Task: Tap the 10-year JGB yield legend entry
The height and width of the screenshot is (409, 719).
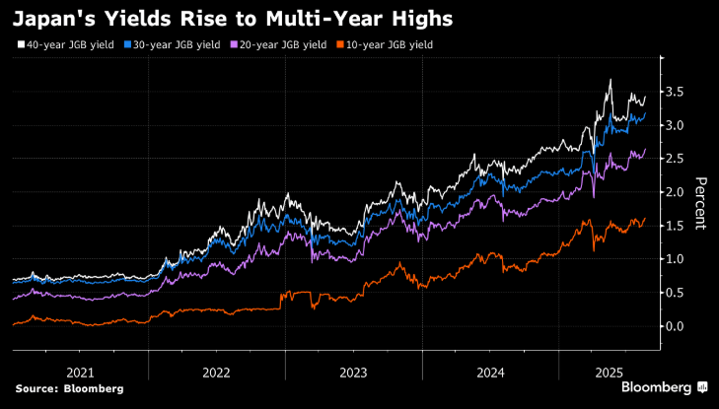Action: pos(390,44)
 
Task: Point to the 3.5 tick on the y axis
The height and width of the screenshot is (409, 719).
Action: pos(675,92)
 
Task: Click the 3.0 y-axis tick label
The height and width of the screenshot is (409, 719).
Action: pos(675,125)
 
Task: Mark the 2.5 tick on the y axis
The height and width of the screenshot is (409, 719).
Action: pos(675,159)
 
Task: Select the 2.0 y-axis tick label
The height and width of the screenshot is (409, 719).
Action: pos(675,192)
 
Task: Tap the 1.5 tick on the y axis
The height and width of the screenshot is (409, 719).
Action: pos(675,226)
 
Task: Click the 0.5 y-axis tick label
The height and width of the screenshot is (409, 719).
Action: pos(675,293)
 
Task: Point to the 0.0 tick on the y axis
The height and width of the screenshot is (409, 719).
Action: pos(675,326)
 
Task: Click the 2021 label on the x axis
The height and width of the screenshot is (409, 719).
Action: pos(80,372)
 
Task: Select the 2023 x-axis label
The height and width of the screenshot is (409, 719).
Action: pos(353,372)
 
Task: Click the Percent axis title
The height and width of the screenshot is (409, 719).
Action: pos(701,203)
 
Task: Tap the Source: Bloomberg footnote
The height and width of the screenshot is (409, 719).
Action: pos(69,389)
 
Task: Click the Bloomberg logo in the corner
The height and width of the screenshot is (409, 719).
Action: pos(659,388)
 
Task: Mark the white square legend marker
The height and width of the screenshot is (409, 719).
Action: pos(21,45)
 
